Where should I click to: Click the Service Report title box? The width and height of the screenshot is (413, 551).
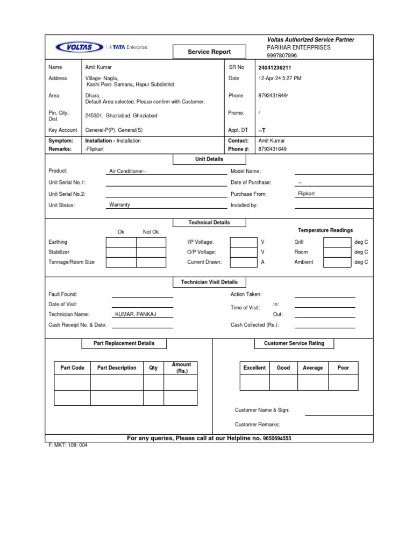209,52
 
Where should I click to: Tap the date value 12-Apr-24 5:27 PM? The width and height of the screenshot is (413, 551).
280,79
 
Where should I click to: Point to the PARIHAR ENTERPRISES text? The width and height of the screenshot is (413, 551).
298,47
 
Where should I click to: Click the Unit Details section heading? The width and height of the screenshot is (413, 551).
209,159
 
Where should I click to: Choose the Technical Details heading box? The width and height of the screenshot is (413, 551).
209,222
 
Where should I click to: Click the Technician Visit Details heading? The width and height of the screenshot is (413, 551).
209,282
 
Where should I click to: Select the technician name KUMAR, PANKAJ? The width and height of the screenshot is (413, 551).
136,314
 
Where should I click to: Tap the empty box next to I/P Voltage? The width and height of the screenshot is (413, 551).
243,242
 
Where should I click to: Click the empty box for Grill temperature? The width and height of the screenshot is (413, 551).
337,242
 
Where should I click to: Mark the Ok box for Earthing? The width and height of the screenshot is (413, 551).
121,242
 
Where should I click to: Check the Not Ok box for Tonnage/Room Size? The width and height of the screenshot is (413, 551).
151,263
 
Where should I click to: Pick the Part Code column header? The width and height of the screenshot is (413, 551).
73,368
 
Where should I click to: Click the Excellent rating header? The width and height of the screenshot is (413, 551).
254,368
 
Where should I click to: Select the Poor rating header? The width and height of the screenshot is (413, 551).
343,368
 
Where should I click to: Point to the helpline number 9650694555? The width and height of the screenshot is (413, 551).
277,439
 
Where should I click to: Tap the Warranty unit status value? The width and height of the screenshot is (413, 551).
119,205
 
